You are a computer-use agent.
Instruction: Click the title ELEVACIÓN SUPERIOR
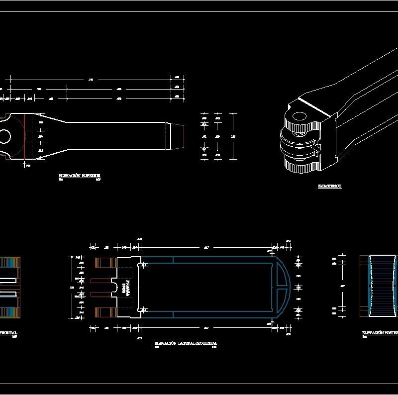[79, 176]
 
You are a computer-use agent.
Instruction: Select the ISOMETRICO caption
[329, 186]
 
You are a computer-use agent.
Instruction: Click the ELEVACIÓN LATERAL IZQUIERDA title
[186, 344]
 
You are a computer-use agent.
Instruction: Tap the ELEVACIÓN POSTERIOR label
[380, 332]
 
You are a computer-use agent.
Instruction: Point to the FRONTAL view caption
[8, 332]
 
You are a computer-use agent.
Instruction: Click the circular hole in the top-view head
[4, 136]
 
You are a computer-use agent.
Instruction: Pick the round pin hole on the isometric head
[299, 117]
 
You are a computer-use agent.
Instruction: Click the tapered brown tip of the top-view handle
[178, 136]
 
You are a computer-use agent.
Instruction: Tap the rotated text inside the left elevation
[125, 288]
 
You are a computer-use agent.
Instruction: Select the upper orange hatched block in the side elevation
[105, 263]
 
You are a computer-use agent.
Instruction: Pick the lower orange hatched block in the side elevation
[105, 312]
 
